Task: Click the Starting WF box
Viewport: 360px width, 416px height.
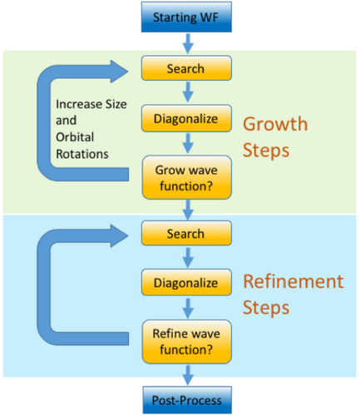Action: pyautogui.click(x=186, y=17)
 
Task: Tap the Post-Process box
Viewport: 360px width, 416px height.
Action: pyautogui.click(x=187, y=400)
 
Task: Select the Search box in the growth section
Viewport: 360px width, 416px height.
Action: pyautogui.click(x=186, y=68)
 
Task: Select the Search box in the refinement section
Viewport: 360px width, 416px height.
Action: pyautogui.click(x=186, y=233)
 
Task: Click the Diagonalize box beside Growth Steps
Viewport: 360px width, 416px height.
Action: pyautogui.click(x=186, y=118)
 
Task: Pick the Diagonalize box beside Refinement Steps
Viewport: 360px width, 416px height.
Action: pyautogui.click(x=186, y=282)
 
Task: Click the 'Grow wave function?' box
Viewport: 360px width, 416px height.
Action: pyautogui.click(x=187, y=177)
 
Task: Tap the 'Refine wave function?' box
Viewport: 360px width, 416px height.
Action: pyautogui.click(x=187, y=342)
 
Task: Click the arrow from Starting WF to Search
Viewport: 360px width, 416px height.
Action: pyautogui.click(x=188, y=43)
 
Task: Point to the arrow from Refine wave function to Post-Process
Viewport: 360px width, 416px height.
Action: pyautogui.click(x=188, y=375)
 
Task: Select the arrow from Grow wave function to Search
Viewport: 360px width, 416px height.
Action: pyautogui.click(x=188, y=210)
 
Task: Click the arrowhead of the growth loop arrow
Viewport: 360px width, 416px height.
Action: pyautogui.click(x=120, y=72)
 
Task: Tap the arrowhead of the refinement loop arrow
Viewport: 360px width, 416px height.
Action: pyautogui.click(x=120, y=235)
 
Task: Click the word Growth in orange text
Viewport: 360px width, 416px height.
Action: pyautogui.click(x=275, y=124)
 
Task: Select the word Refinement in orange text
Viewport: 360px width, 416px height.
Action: pyautogui.click(x=293, y=281)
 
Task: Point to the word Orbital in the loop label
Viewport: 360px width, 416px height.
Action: pyautogui.click(x=75, y=137)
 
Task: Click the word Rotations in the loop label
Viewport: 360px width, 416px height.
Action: pyautogui.click(x=82, y=154)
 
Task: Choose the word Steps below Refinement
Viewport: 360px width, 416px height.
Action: pyautogui.click(x=266, y=309)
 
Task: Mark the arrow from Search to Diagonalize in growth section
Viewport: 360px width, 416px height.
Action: pyautogui.click(x=188, y=92)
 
